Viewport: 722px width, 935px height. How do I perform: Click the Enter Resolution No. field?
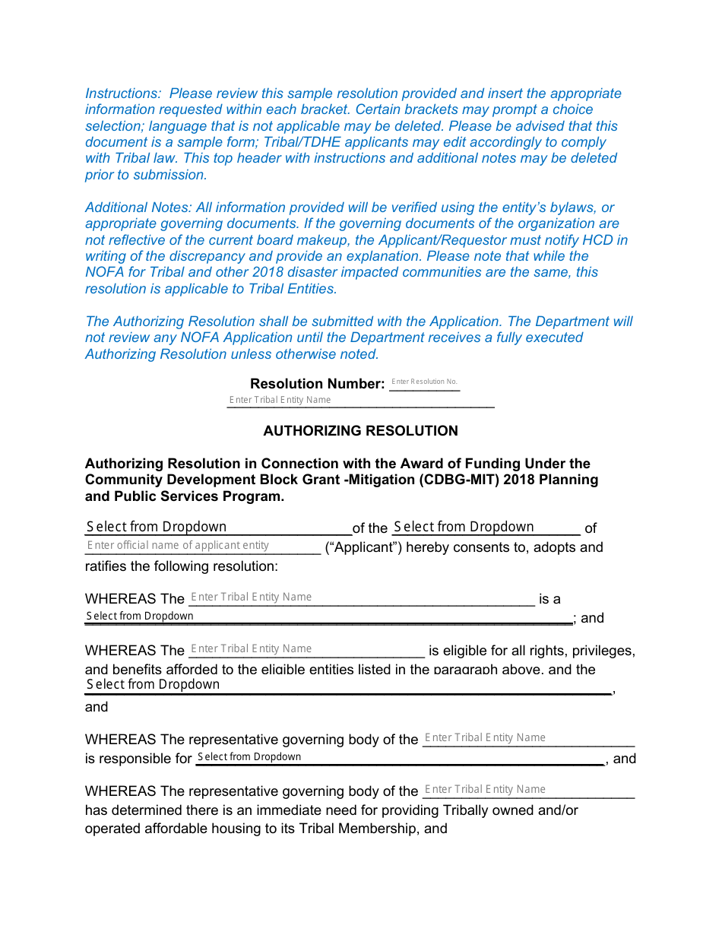(x=424, y=382)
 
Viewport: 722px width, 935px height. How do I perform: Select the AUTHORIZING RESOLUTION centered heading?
(x=360, y=431)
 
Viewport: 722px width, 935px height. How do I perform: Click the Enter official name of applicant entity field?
(x=202, y=546)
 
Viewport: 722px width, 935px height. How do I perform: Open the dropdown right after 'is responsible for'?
(x=399, y=757)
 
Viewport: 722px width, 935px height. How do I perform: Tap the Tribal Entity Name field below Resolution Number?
(x=359, y=401)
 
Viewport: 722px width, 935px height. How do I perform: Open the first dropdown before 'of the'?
(x=217, y=528)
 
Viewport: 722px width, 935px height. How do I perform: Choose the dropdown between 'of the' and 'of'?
(x=486, y=528)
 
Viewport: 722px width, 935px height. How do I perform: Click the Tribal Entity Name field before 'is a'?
(x=361, y=597)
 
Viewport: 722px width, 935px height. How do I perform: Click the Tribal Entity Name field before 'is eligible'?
(x=306, y=649)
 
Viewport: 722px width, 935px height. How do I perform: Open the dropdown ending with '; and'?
(x=328, y=616)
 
